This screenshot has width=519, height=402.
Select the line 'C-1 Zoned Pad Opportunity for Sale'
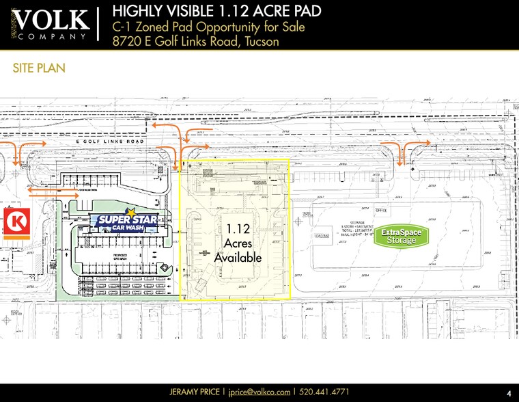pyautogui.click(x=208, y=27)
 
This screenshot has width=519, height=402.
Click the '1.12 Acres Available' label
pyautogui.click(x=238, y=243)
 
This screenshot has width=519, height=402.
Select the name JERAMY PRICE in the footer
pyautogui.click(x=195, y=392)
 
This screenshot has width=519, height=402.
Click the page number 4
pyautogui.click(x=509, y=393)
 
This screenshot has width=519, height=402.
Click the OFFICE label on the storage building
pyautogui.click(x=380, y=211)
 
